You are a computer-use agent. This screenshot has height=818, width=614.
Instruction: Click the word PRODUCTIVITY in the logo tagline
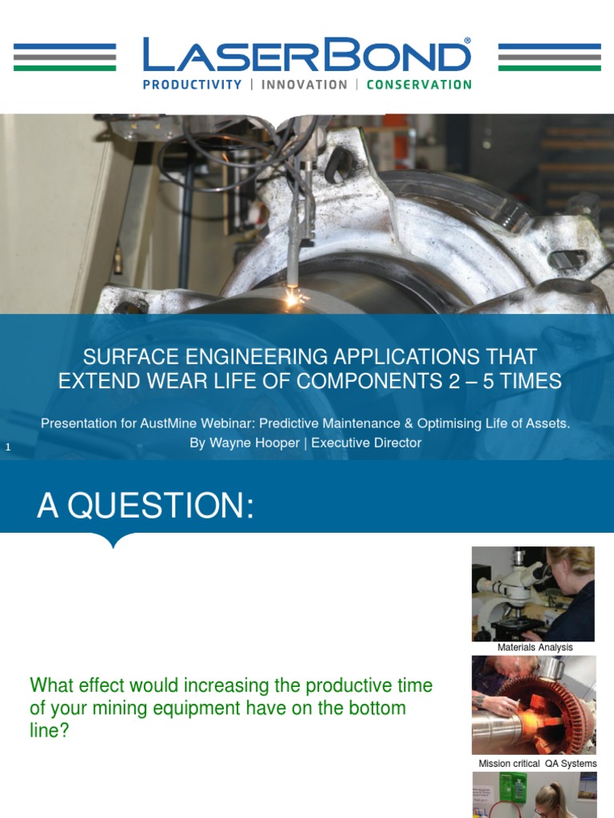pos(192,85)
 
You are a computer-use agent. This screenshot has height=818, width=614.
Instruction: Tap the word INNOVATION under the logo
pos(305,85)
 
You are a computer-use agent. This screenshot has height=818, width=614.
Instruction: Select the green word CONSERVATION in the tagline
pos(419,85)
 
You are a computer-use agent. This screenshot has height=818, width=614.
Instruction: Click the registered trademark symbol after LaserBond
pos(468,40)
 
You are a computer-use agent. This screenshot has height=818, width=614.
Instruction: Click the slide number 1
pos(8,448)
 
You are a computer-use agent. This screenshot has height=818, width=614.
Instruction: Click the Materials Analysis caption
pos(535,648)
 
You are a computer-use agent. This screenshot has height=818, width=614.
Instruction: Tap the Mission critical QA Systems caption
pos(537,764)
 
